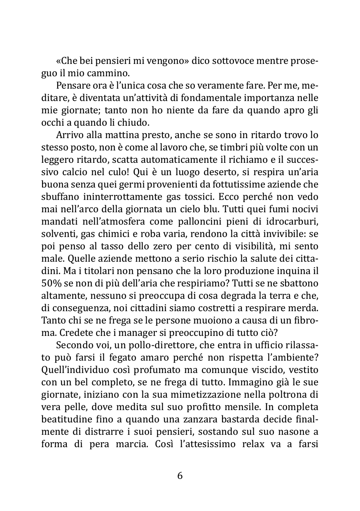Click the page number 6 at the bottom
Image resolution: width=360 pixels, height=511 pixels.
[x=180, y=476]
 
